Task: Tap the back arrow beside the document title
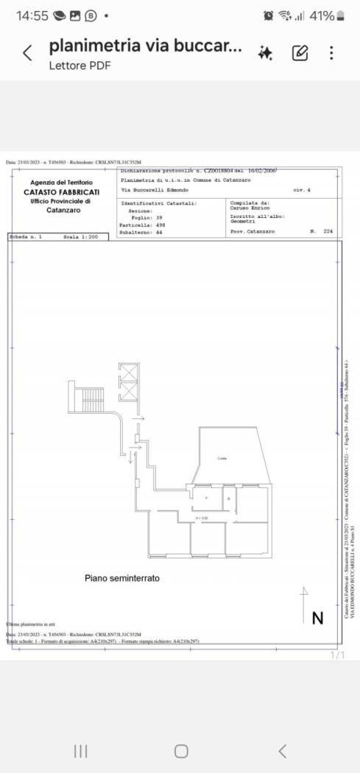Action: (x=27, y=53)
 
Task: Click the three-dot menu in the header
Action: (x=332, y=53)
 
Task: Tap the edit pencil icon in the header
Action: (x=300, y=53)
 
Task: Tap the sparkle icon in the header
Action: (x=265, y=53)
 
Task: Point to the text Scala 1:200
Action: (x=80, y=237)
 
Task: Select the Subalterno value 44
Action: (x=158, y=231)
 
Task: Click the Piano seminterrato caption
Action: (x=122, y=579)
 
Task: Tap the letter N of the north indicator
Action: (x=317, y=618)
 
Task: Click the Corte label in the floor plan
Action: (x=222, y=459)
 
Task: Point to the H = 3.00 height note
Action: (x=201, y=518)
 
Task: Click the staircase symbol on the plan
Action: (x=92, y=399)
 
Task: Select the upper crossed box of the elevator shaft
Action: (x=128, y=373)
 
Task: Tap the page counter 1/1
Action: (x=338, y=654)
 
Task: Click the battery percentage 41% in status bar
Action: (x=322, y=15)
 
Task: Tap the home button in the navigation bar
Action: (x=180, y=751)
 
